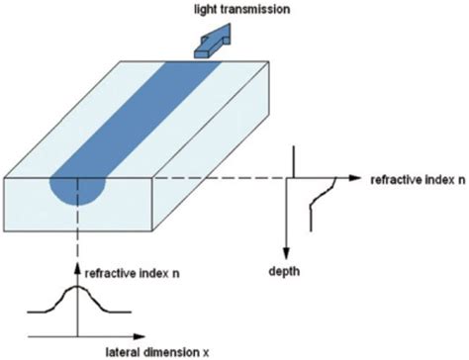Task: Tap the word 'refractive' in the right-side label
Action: point(396,182)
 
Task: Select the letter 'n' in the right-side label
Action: point(461,182)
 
